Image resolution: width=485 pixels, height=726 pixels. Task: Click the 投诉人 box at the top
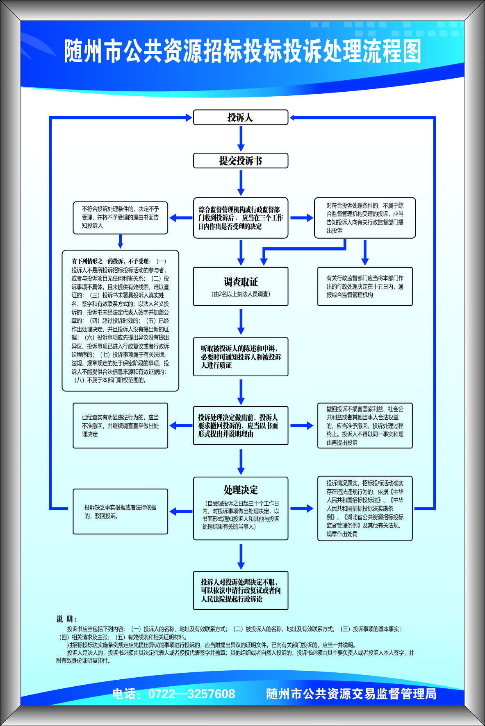241,118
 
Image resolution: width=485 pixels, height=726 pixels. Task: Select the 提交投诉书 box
241,161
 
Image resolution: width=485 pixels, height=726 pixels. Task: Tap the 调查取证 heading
241,282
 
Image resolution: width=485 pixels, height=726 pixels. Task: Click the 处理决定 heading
241,490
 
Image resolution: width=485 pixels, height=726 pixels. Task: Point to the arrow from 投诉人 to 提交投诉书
241,139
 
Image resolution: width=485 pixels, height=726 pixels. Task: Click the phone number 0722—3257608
191,694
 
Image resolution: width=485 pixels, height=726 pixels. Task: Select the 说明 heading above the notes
66,619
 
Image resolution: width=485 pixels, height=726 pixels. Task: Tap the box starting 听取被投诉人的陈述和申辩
241,357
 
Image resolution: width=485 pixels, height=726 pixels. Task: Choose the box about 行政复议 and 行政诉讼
241,590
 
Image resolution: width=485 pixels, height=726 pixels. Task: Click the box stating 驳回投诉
120,511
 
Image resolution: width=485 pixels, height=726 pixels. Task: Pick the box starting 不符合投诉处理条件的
120,217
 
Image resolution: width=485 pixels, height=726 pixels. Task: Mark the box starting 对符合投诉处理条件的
365,218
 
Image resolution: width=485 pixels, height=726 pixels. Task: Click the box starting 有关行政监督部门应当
365,286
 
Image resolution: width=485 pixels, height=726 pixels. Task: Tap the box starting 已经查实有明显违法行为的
120,425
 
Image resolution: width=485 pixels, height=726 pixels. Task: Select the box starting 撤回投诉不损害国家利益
365,425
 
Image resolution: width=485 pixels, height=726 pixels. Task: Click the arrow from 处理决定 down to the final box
241,555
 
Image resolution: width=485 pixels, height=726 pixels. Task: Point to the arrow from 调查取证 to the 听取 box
241,321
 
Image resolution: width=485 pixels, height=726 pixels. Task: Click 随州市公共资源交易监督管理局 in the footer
351,694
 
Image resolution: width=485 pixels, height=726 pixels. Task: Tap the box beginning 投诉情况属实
365,508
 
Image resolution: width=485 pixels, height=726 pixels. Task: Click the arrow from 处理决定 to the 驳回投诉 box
181,511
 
